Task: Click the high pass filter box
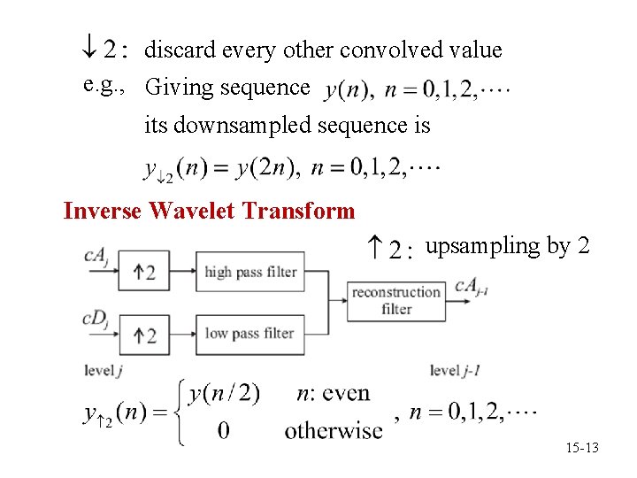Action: (250, 272)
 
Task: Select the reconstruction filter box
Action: (396, 301)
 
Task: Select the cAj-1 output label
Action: (473, 285)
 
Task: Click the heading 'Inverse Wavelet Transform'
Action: (209, 212)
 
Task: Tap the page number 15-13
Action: (582, 449)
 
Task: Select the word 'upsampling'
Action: (483, 246)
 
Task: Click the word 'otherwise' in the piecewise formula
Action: (334, 431)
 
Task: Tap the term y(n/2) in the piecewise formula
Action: (225, 393)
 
